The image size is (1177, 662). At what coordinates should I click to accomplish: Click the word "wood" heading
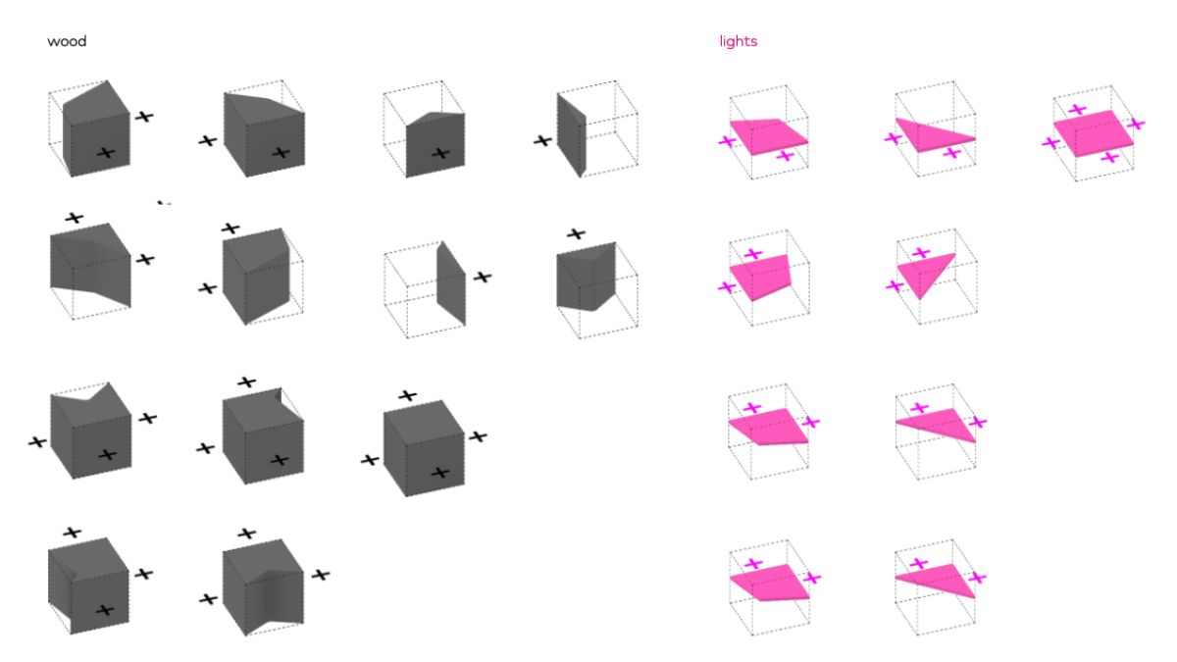point(67,42)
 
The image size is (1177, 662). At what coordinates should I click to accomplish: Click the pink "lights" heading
point(738,41)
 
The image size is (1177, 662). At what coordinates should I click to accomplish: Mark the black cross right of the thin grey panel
point(482,277)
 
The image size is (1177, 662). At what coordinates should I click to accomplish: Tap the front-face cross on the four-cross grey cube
point(439,473)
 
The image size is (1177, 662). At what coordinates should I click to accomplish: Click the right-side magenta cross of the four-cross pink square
point(1137,124)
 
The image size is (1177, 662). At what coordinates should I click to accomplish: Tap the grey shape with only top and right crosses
point(90,265)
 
